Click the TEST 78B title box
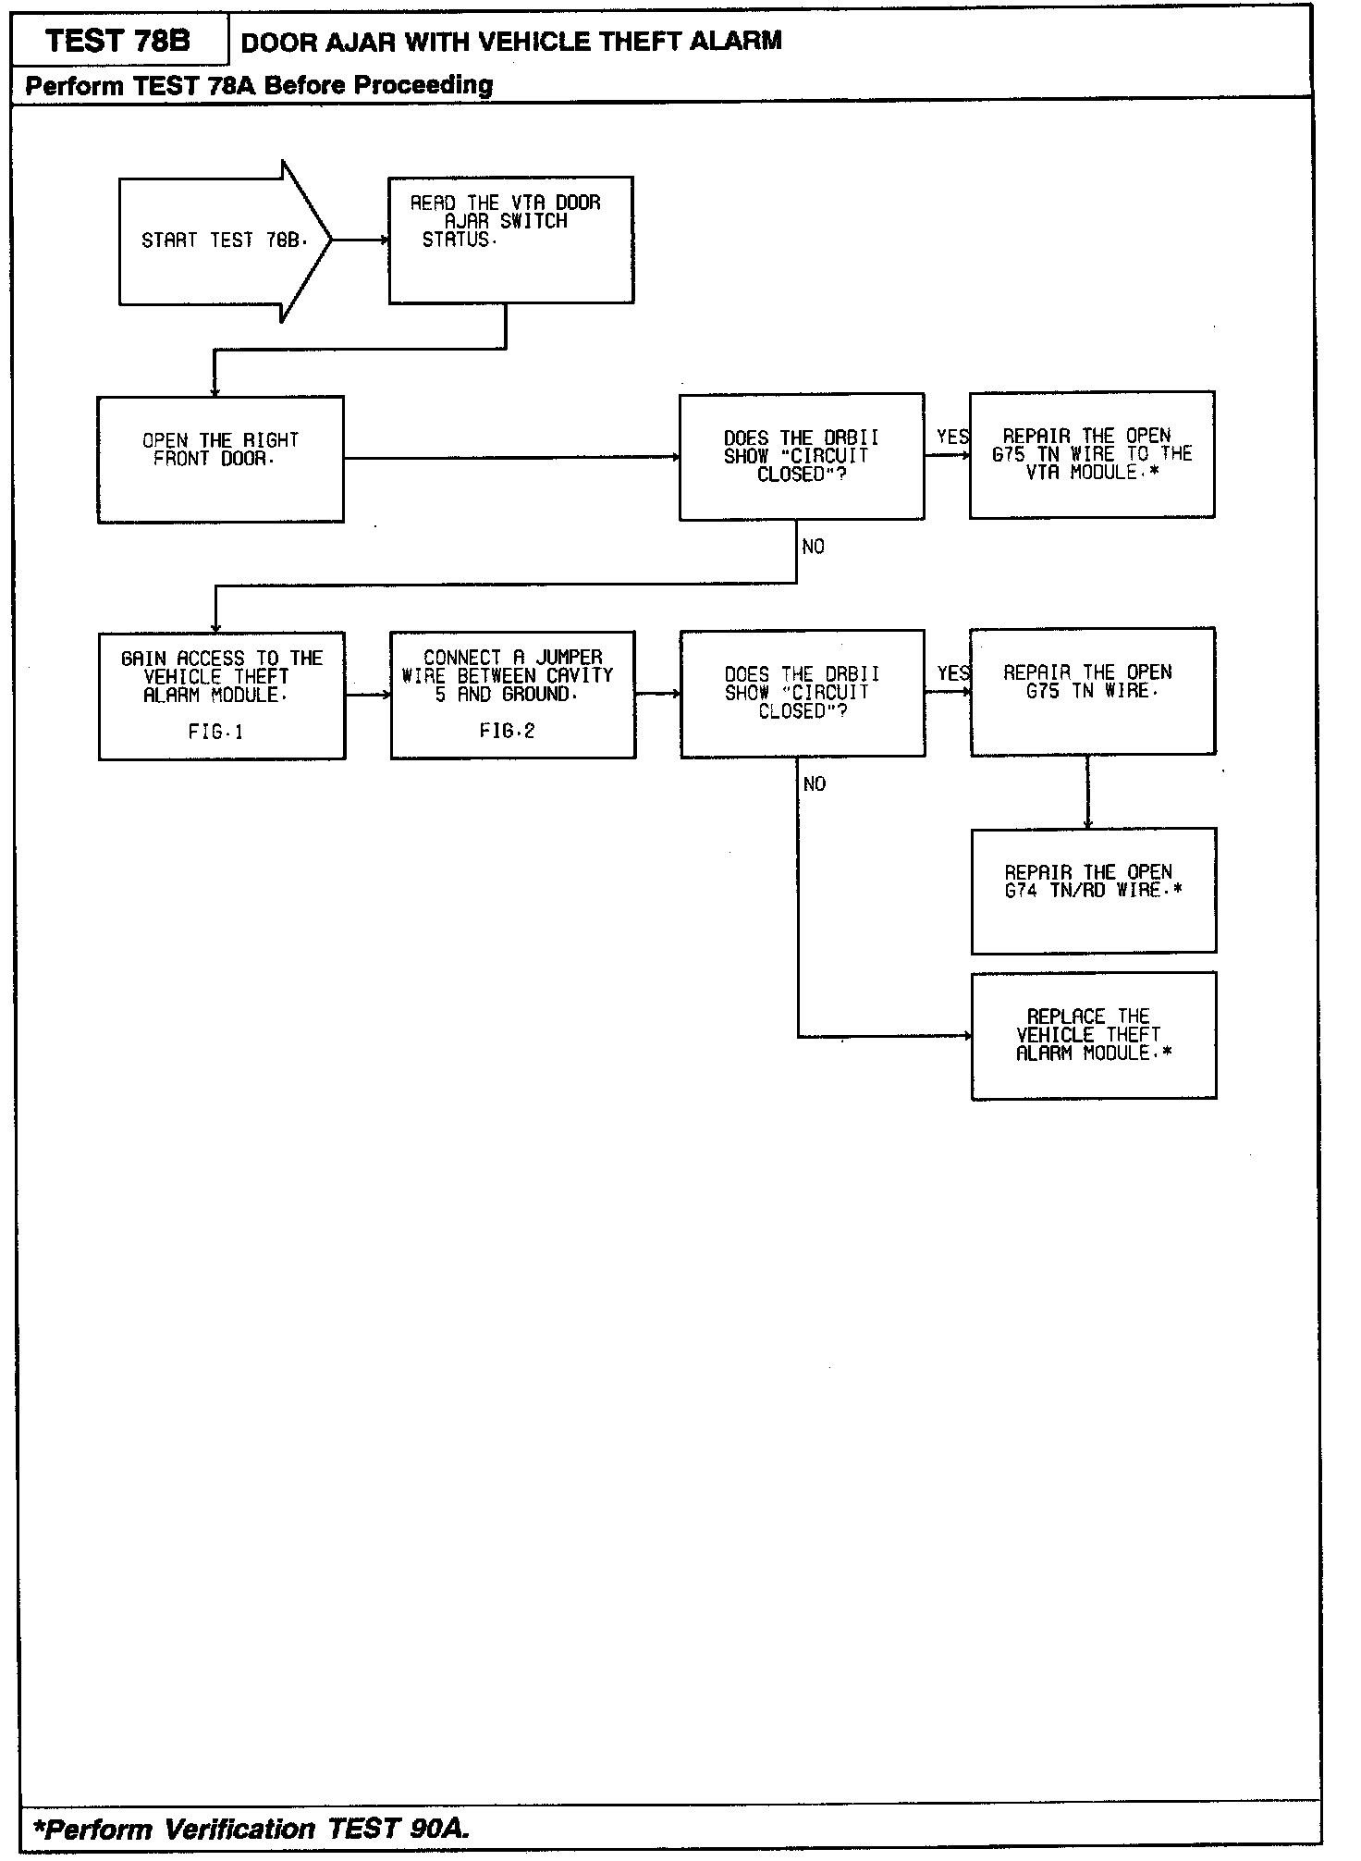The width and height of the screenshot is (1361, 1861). (x=118, y=42)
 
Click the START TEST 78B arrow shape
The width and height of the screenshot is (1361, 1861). (x=222, y=240)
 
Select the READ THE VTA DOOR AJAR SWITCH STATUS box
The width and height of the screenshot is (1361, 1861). (x=510, y=240)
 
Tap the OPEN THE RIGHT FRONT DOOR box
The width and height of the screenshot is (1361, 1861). (x=220, y=459)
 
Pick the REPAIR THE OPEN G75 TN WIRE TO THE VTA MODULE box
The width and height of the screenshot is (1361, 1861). (x=1091, y=454)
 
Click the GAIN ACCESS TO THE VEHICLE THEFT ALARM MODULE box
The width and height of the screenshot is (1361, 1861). (x=222, y=695)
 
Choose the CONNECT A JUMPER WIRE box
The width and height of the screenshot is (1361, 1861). (x=512, y=694)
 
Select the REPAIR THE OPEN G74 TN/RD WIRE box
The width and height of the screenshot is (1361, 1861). (x=1093, y=890)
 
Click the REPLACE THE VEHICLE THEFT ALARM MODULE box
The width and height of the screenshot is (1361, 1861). (x=1093, y=1035)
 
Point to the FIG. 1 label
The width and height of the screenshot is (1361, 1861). (x=215, y=733)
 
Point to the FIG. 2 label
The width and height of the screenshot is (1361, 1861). (x=507, y=732)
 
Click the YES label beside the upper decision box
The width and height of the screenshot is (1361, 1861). (x=952, y=437)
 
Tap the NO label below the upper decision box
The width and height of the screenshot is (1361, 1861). (x=814, y=547)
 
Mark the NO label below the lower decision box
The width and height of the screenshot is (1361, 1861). (x=815, y=784)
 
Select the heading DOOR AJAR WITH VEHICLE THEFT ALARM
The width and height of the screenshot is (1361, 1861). (x=510, y=42)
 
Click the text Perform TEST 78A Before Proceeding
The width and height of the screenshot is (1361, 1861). (x=259, y=86)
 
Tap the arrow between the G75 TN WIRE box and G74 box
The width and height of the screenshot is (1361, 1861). (x=1087, y=792)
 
